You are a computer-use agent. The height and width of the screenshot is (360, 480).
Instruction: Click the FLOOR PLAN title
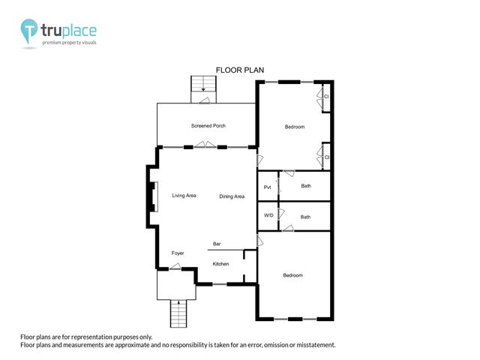240,70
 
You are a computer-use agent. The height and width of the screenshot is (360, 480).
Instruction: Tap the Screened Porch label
208,125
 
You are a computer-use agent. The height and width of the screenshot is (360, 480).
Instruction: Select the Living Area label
184,195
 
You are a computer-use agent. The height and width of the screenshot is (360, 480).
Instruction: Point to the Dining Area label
232,196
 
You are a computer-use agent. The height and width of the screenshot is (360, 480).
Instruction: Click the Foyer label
178,253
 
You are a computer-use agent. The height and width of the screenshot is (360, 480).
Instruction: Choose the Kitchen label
220,263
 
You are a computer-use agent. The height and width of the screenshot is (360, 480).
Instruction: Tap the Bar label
217,244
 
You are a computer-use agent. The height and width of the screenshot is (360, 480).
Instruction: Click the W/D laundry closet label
268,215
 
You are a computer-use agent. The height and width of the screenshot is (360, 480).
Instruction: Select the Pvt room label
267,187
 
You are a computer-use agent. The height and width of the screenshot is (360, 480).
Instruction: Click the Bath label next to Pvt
306,186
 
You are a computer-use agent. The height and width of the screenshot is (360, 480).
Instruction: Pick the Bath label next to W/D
305,217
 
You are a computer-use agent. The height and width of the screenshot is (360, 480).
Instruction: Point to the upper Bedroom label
295,127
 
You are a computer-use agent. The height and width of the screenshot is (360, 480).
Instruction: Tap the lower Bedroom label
292,275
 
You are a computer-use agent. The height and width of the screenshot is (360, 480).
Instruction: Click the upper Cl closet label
326,97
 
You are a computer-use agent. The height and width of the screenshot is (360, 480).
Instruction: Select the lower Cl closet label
327,157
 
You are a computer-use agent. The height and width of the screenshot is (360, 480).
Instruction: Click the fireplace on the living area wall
153,196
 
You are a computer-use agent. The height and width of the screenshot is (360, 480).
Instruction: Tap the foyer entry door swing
175,266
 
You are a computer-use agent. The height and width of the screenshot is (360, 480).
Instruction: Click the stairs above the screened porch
203,89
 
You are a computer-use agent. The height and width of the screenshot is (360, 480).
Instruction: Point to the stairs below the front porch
178,313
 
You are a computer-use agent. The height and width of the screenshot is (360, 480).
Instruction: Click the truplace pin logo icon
29,31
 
